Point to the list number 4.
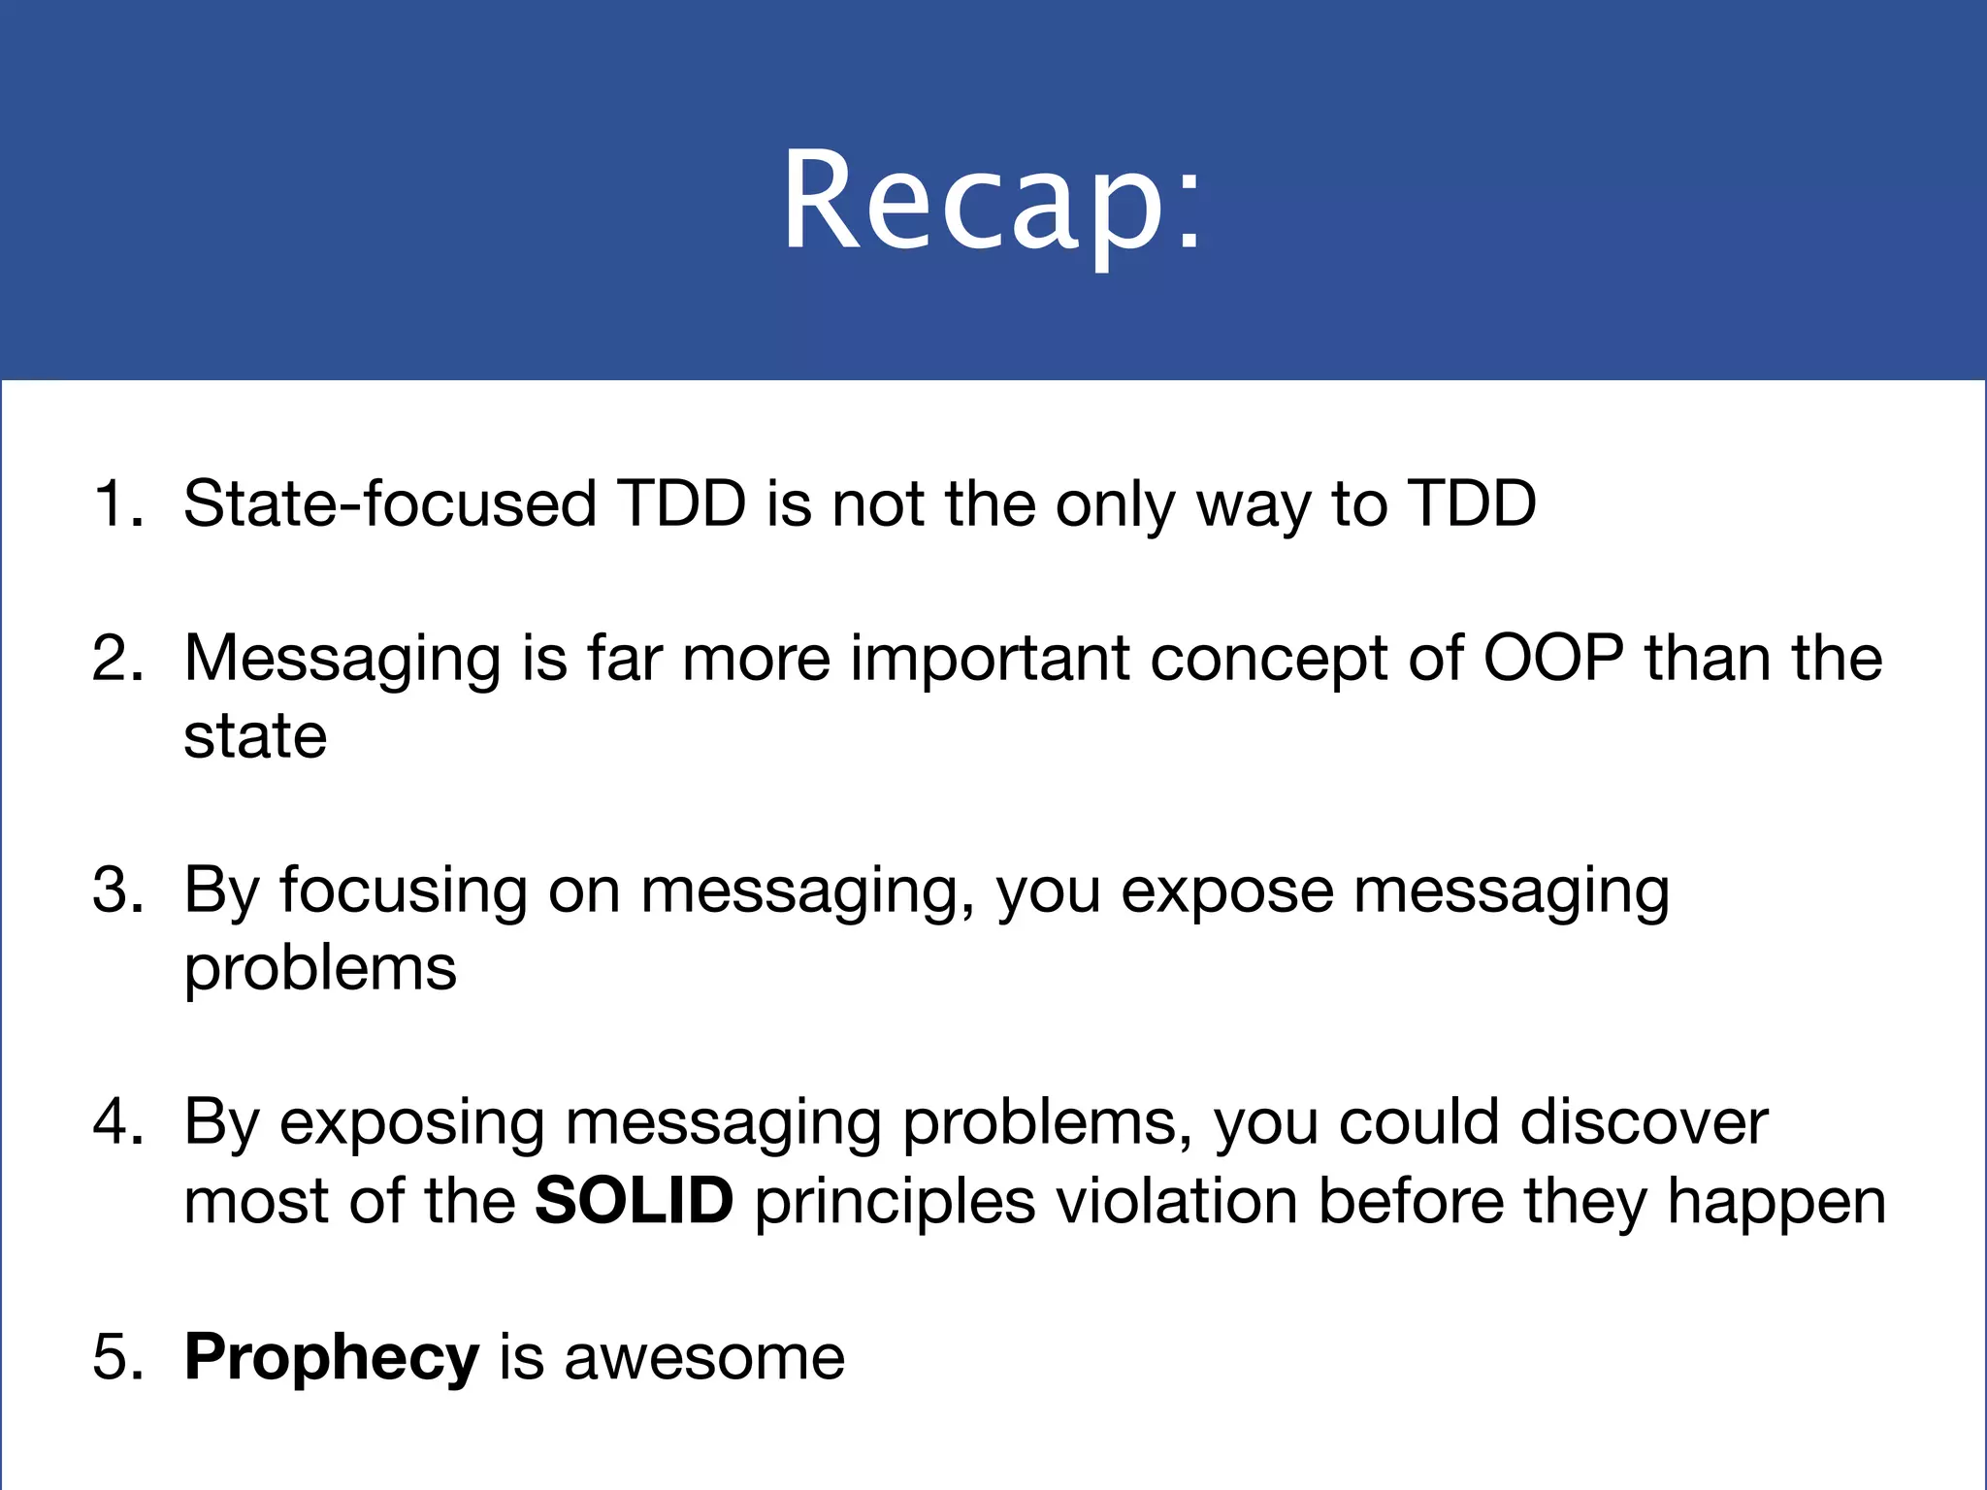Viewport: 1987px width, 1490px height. pos(118,1122)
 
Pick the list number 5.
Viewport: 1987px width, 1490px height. pos(118,1356)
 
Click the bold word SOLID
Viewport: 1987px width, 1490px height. pos(634,1201)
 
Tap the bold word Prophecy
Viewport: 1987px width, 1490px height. pos(331,1358)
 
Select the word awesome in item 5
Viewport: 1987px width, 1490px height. pos(704,1358)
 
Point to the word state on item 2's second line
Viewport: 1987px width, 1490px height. pos(255,737)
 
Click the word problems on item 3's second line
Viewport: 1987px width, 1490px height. pos(320,969)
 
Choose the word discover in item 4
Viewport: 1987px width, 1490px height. pos(1644,1122)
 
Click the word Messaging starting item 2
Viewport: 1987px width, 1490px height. pos(342,660)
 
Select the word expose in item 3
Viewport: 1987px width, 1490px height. pos(1226,891)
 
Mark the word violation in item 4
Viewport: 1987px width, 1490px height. pos(1177,1201)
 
